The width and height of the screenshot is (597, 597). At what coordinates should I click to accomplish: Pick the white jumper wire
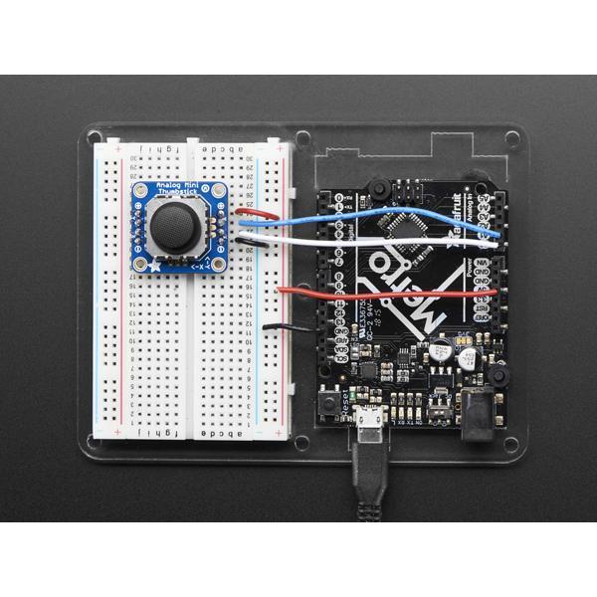[378, 241]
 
